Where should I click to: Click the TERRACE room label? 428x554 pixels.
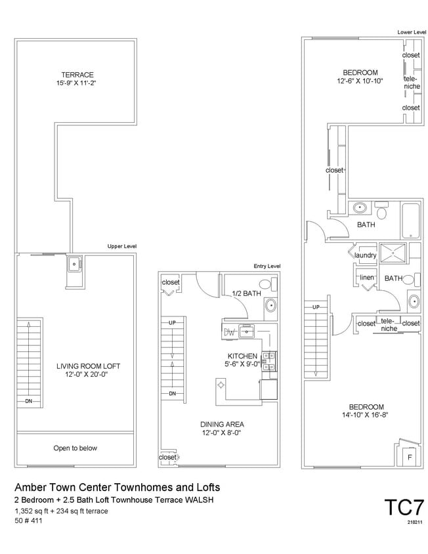77,74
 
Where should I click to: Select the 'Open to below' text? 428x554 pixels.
75,448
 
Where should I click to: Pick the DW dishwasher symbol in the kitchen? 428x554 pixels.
229,332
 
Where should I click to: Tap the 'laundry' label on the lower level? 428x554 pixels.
365,255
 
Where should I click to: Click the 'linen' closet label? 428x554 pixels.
366,278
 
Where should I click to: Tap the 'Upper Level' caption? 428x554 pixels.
121,246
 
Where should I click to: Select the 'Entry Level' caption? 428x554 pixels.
267,266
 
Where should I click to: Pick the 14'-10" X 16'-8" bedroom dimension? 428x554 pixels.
362,415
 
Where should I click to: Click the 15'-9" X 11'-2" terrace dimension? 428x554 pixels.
77,83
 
